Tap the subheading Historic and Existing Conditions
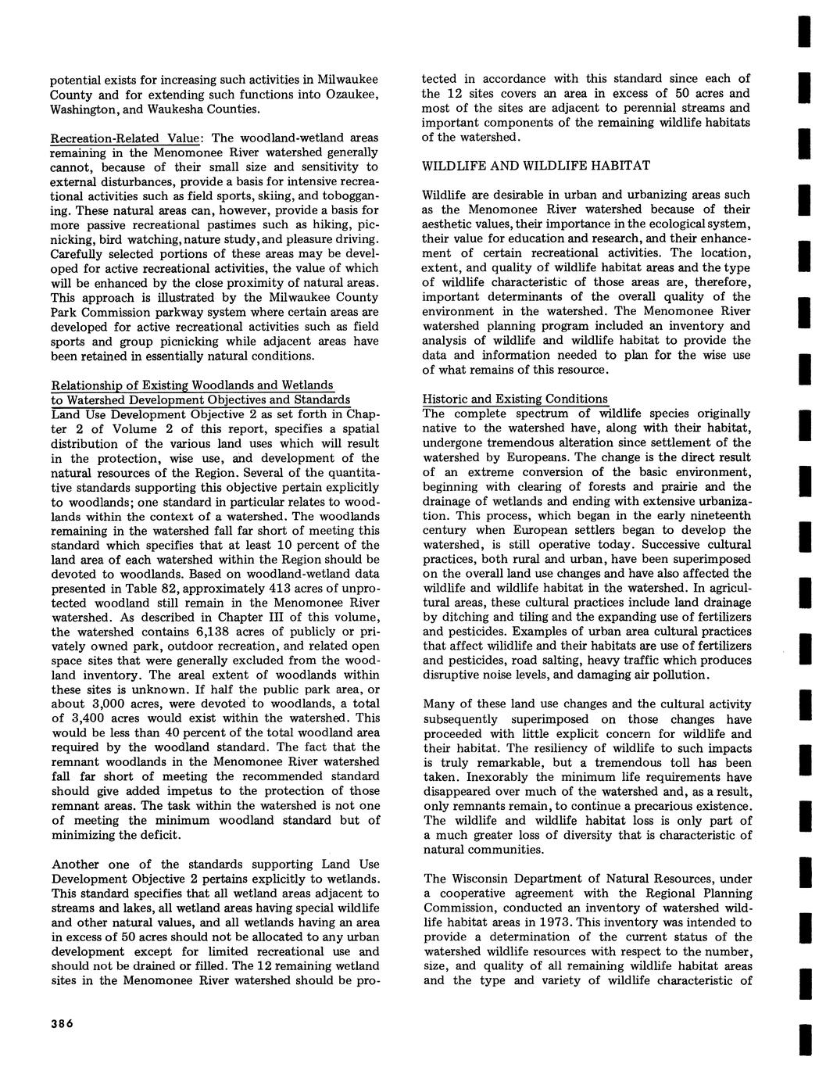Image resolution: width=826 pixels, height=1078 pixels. click(514, 399)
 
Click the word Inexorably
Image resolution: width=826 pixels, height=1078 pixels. click(454, 777)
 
